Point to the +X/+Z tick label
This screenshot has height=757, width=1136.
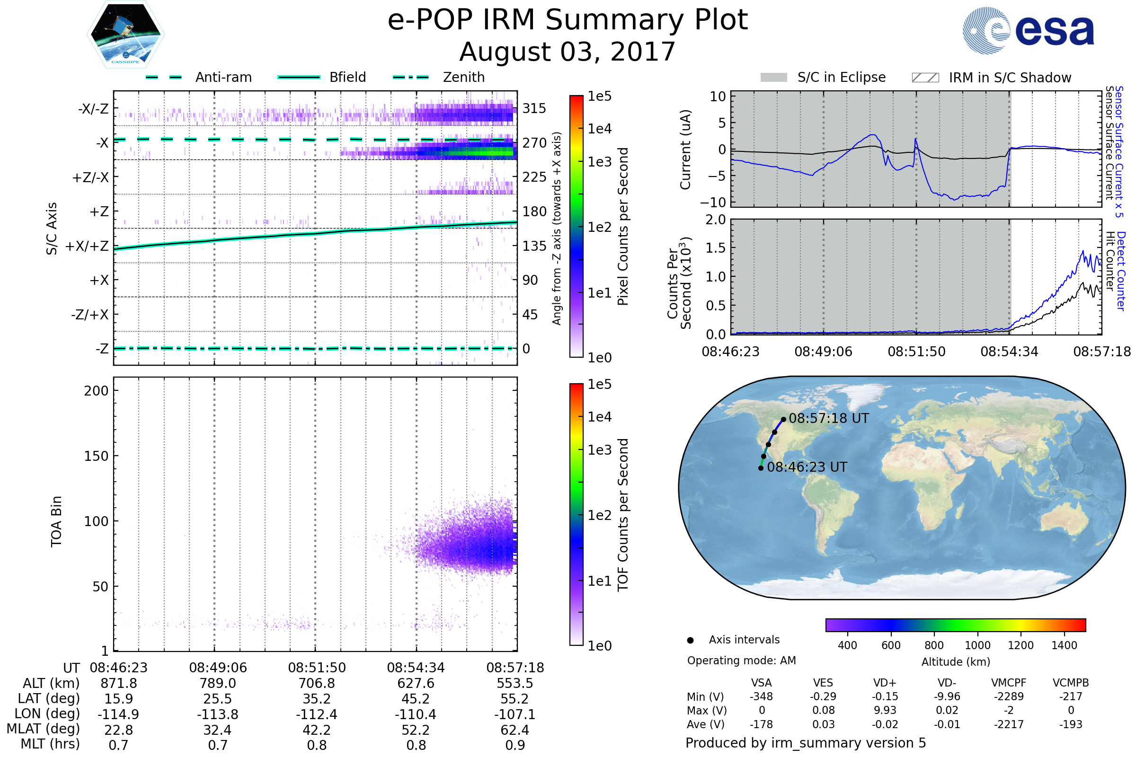pos(87,246)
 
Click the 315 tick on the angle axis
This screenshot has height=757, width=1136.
pos(534,108)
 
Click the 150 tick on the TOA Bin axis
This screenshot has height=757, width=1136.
pos(96,456)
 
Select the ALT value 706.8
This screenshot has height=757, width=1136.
pos(317,684)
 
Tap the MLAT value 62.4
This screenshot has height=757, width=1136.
pos(515,730)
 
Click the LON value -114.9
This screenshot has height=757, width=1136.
pos(118,714)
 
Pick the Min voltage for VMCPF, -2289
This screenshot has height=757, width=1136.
pos(1009,696)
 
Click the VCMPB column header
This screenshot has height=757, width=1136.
pos(1071,683)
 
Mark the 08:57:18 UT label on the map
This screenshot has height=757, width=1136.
pos(829,419)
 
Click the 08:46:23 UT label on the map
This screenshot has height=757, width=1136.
pos(807,467)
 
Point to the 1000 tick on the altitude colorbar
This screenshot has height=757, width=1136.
pos(977,645)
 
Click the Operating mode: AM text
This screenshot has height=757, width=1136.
pos(741,660)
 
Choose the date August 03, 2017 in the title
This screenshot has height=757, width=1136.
pos(567,52)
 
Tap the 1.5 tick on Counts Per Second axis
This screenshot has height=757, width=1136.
pos(716,248)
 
